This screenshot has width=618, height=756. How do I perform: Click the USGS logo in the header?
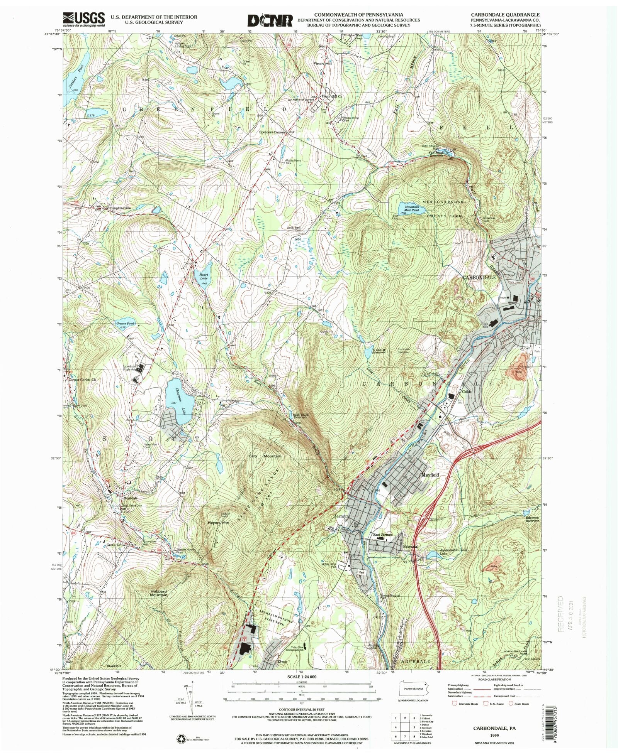tap(84, 19)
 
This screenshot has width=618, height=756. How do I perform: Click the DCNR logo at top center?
tap(270, 20)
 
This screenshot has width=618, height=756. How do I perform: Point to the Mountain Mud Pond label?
tap(412, 209)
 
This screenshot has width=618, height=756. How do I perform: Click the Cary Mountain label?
tap(265, 456)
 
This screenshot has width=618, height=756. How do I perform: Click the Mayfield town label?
tap(430, 475)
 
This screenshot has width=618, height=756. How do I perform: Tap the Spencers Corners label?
tap(273, 132)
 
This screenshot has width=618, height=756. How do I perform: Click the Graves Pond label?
tap(125, 324)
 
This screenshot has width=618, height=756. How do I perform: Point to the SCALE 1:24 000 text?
tap(301, 677)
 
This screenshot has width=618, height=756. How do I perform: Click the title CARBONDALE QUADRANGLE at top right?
tap(505, 15)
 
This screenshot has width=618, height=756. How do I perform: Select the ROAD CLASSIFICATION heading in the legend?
tap(491, 681)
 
